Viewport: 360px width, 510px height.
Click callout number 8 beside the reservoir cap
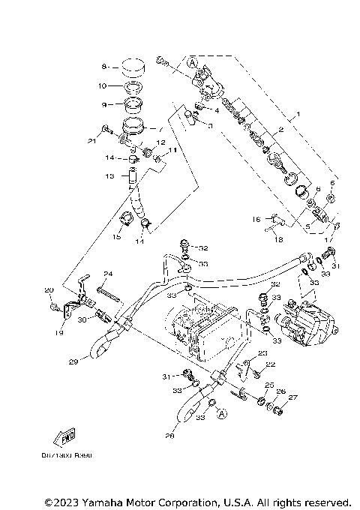point(105,67)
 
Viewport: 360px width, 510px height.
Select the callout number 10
point(105,87)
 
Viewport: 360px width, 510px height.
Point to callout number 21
point(90,139)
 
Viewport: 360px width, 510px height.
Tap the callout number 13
point(109,177)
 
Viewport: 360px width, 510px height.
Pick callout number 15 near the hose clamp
point(116,237)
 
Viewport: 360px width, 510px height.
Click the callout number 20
point(49,290)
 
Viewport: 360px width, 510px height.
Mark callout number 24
point(108,274)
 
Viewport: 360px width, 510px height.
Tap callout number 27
point(293,397)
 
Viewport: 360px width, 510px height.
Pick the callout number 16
point(256,220)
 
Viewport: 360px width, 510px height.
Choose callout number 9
point(105,104)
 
